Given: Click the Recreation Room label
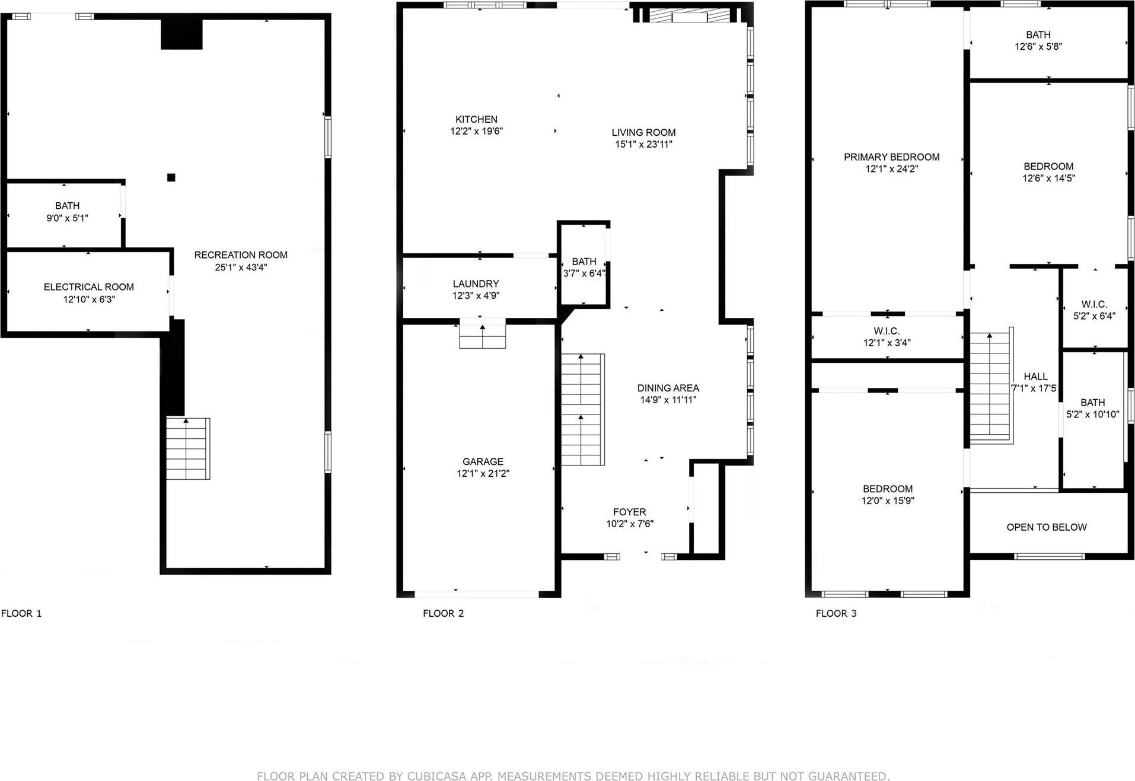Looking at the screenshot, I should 241,255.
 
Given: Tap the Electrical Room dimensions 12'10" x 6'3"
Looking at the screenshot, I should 89,299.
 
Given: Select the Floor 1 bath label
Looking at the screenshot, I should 67,206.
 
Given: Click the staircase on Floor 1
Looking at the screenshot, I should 187,448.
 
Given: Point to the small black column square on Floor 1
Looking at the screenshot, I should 171,177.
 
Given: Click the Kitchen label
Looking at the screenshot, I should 476,119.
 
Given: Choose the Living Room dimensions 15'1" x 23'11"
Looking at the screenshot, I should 643,144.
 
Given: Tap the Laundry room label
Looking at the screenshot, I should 476,283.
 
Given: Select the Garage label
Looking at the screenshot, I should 483,461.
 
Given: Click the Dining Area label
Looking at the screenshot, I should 668,388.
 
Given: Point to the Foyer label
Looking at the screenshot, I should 629,512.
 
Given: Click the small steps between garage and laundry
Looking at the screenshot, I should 483,334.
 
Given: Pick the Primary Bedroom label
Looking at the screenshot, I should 891,157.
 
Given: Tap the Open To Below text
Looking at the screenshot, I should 1046,527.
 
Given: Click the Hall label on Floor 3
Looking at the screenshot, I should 1035,376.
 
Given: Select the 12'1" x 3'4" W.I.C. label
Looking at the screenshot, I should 887,343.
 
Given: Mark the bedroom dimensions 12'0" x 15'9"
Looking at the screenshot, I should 887,501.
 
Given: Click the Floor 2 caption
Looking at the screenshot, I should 443,613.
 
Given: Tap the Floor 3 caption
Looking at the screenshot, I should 836,613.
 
